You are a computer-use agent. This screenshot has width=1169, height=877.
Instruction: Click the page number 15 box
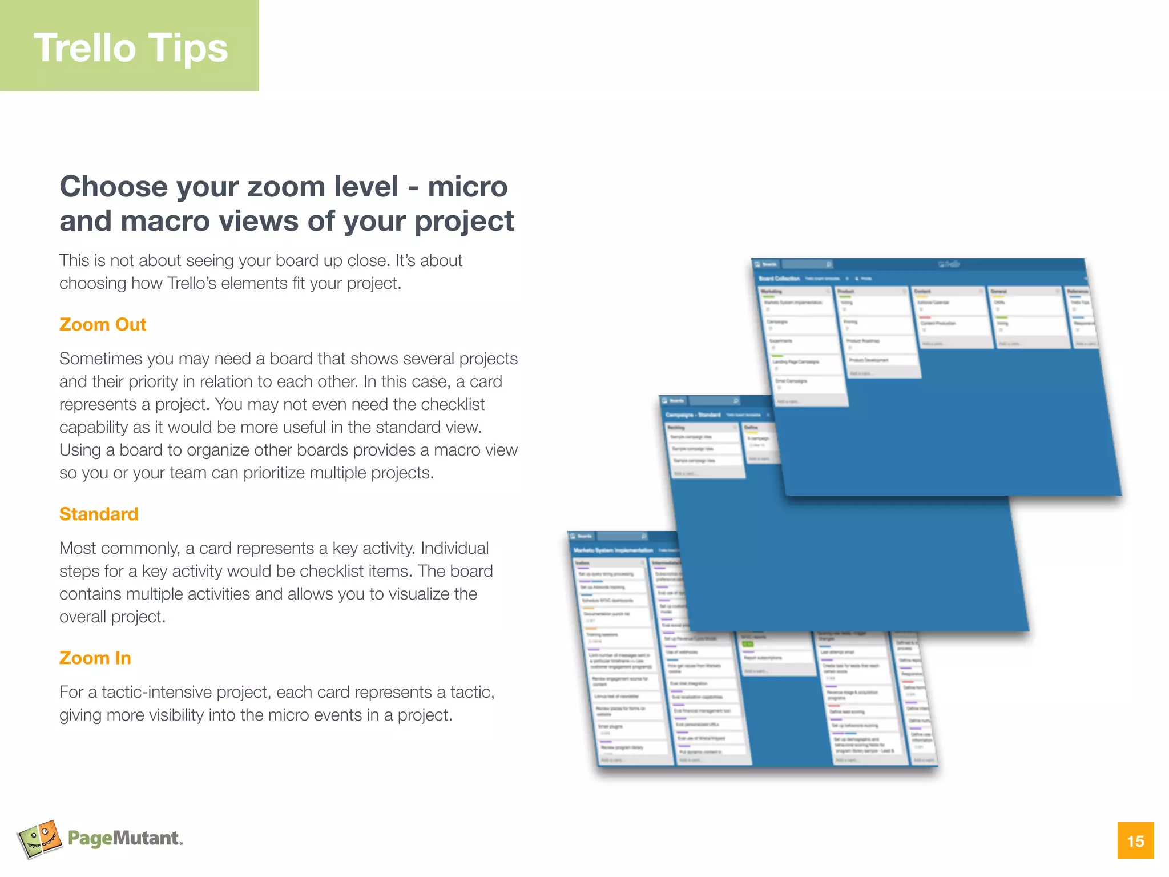(x=1135, y=840)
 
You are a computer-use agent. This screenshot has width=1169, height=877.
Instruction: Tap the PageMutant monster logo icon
(x=39, y=839)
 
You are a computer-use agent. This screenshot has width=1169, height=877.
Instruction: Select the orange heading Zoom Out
(x=103, y=324)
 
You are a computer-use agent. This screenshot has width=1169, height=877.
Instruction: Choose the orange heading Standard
(x=99, y=514)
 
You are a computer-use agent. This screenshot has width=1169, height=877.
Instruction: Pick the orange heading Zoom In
(x=95, y=658)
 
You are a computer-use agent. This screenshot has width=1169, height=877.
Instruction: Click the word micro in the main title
(x=467, y=187)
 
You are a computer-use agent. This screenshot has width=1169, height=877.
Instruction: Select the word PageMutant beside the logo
(x=124, y=838)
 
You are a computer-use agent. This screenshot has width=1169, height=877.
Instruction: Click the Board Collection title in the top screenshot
(x=779, y=279)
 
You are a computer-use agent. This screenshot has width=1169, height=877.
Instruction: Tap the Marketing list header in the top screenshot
(x=772, y=292)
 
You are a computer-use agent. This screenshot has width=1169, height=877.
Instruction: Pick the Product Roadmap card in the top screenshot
(x=864, y=341)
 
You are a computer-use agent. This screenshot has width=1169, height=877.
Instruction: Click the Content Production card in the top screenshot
(x=938, y=323)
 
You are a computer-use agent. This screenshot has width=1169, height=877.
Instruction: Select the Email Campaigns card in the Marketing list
(x=791, y=381)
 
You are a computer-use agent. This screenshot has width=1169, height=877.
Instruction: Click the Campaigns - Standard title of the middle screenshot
(x=693, y=415)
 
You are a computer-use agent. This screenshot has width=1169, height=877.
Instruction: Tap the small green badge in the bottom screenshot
(x=748, y=645)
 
